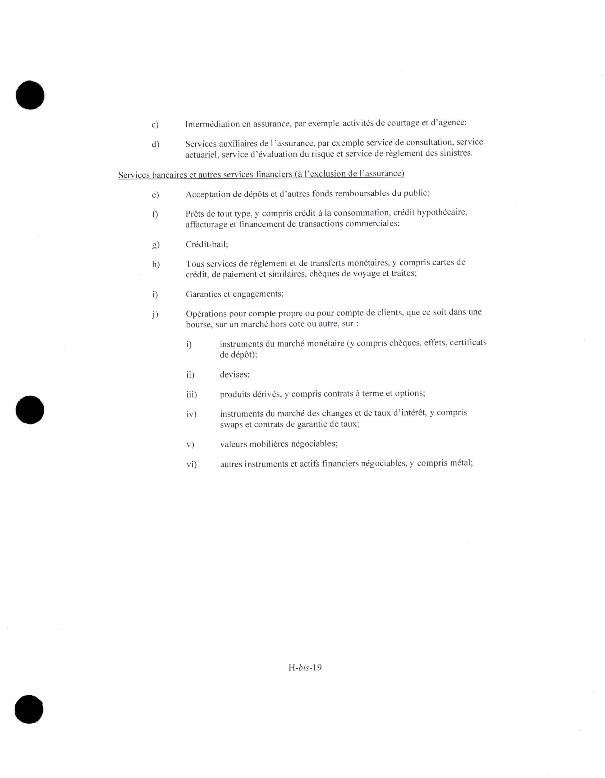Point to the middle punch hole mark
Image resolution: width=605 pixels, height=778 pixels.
pyautogui.click(x=30, y=410)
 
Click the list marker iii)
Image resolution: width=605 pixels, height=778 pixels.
pyautogui.click(x=192, y=394)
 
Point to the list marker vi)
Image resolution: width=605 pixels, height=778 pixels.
pyautogui.click(x=192, y=464)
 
